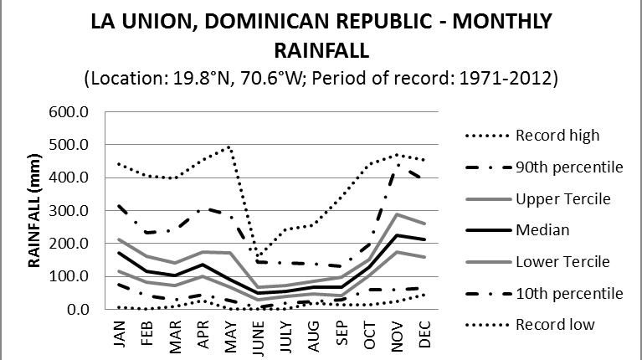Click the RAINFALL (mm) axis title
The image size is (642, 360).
(x=37, y=211)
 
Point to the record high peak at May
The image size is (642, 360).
(x=229, y=146)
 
